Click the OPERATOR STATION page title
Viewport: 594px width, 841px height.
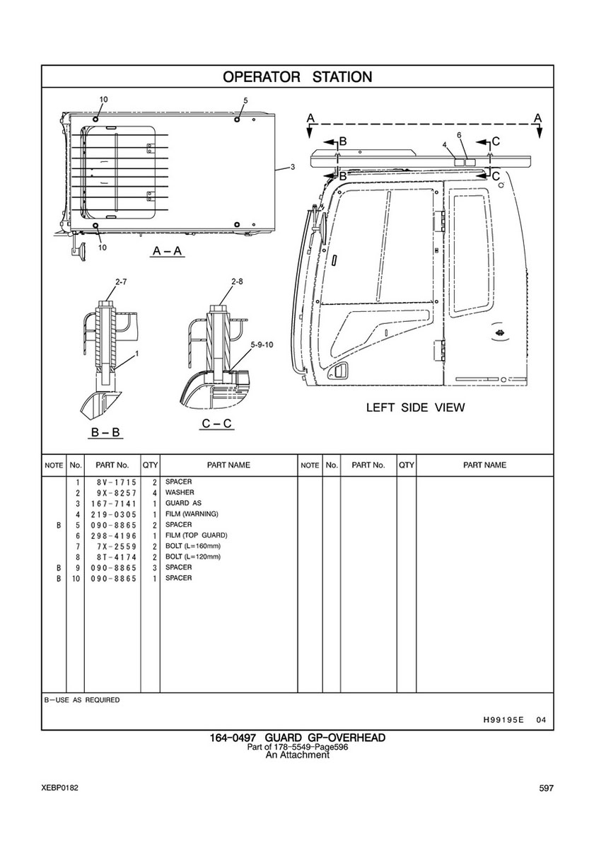(x=297, y=76)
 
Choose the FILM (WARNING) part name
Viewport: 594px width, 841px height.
(x=192, y=514)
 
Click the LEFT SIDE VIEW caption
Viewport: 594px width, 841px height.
(x=415, y=407)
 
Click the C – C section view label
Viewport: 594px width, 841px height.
(x=217, y=424)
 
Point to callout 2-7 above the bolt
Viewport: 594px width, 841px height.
(x=120, y=282)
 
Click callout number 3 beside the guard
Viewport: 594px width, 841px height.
(x=292, y=167)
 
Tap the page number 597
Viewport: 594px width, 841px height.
(x=545, y=789)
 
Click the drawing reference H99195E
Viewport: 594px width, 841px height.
(x=503, y=720)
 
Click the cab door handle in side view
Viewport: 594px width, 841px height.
(x=341, y=371)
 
